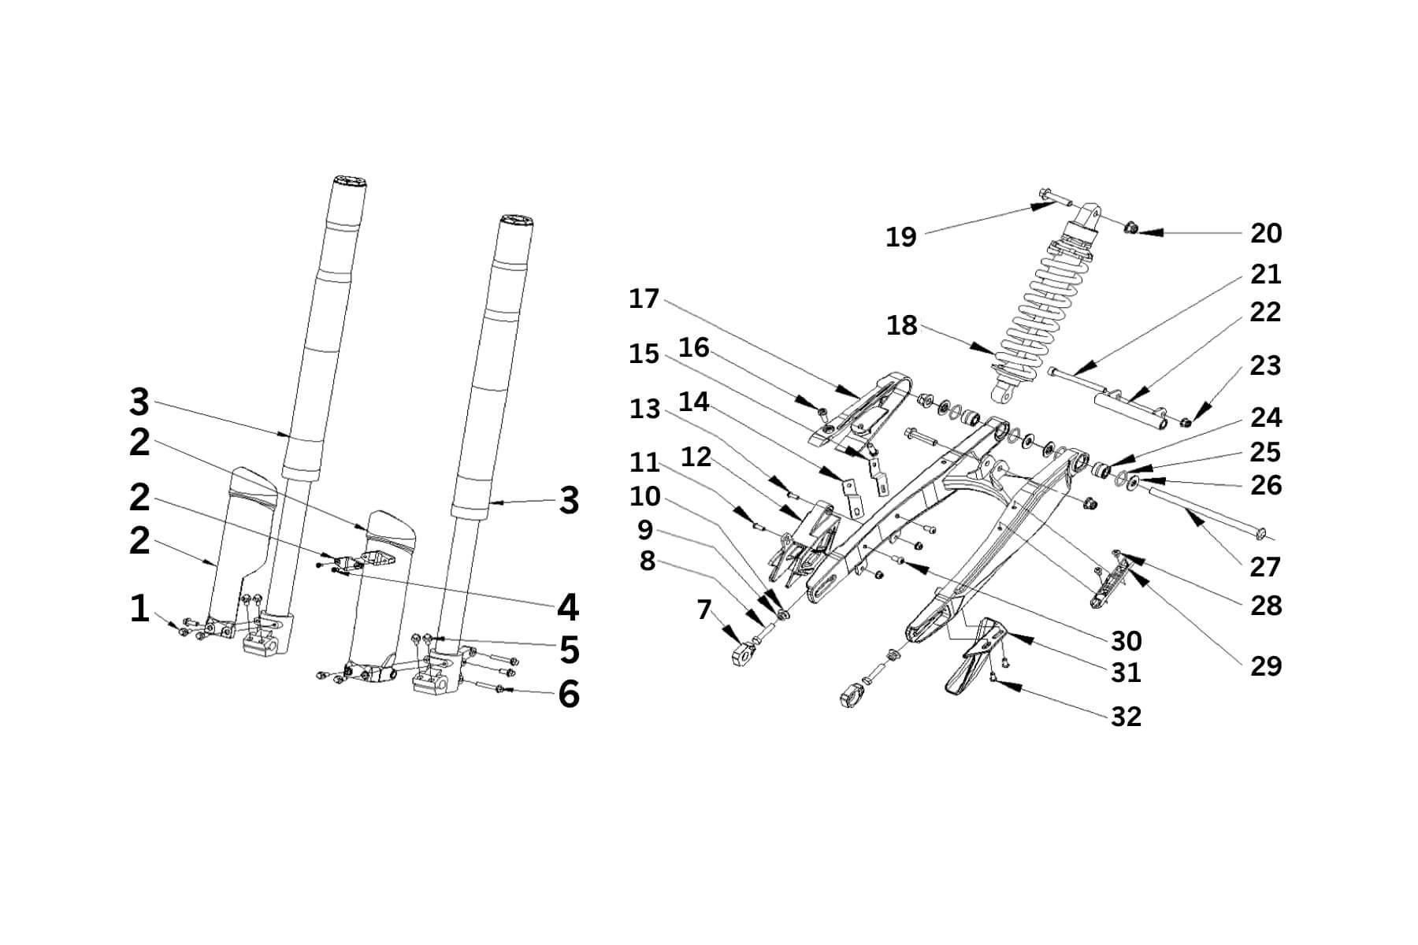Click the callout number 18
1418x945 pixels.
902,325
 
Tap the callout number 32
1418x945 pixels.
1126,717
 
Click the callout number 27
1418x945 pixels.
1265,567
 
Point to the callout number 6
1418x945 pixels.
569,694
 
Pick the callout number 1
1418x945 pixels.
139,609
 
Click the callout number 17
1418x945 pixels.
644,299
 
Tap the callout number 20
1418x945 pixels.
1265,233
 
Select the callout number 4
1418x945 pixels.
568,607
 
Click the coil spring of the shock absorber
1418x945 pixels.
1040,307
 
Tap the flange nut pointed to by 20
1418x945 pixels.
1129,228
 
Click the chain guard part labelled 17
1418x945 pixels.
859,409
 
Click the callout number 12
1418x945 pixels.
696,457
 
